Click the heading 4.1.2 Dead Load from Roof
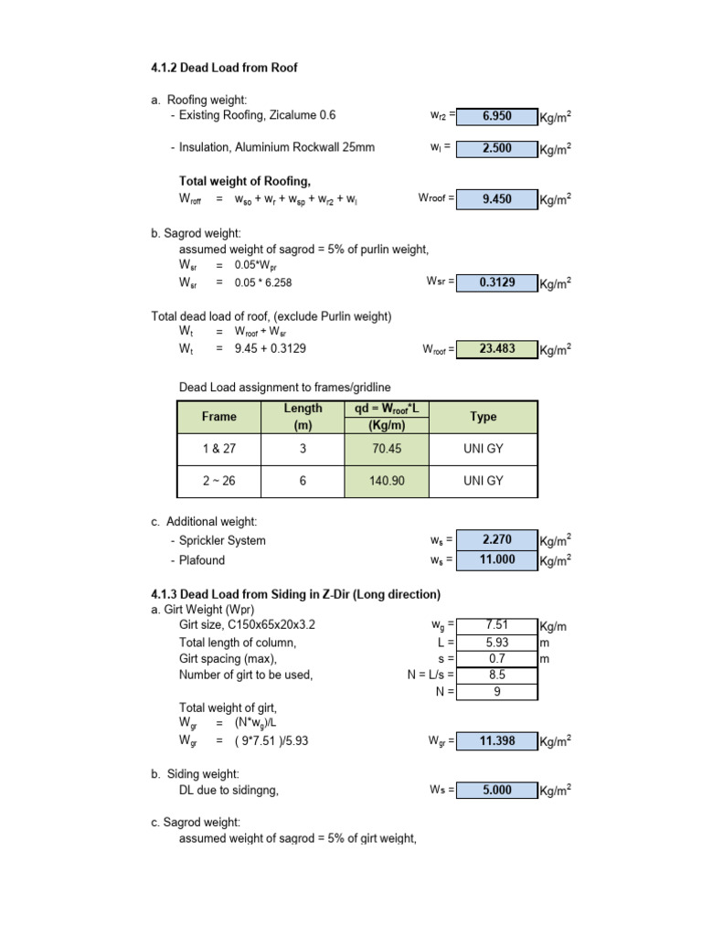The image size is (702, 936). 224,68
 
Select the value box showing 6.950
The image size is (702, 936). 496,116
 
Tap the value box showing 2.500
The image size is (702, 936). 496,148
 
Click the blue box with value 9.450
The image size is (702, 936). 496,197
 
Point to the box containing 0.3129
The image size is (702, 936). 496,282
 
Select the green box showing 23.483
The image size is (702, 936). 496,349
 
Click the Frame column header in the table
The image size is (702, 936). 219,417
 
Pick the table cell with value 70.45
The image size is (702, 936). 387,449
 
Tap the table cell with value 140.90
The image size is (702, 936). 387,481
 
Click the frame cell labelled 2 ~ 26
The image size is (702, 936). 219,481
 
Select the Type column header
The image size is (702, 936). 483,417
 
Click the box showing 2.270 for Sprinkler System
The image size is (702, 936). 496,540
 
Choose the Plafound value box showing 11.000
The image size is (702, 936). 496,560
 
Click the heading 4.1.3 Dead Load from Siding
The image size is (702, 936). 295,594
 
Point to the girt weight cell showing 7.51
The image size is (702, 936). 496,625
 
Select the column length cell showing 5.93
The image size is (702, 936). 496,643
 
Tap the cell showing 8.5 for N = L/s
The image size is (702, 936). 496,675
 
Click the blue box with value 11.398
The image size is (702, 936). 496,741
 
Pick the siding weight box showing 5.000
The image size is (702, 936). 496,791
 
